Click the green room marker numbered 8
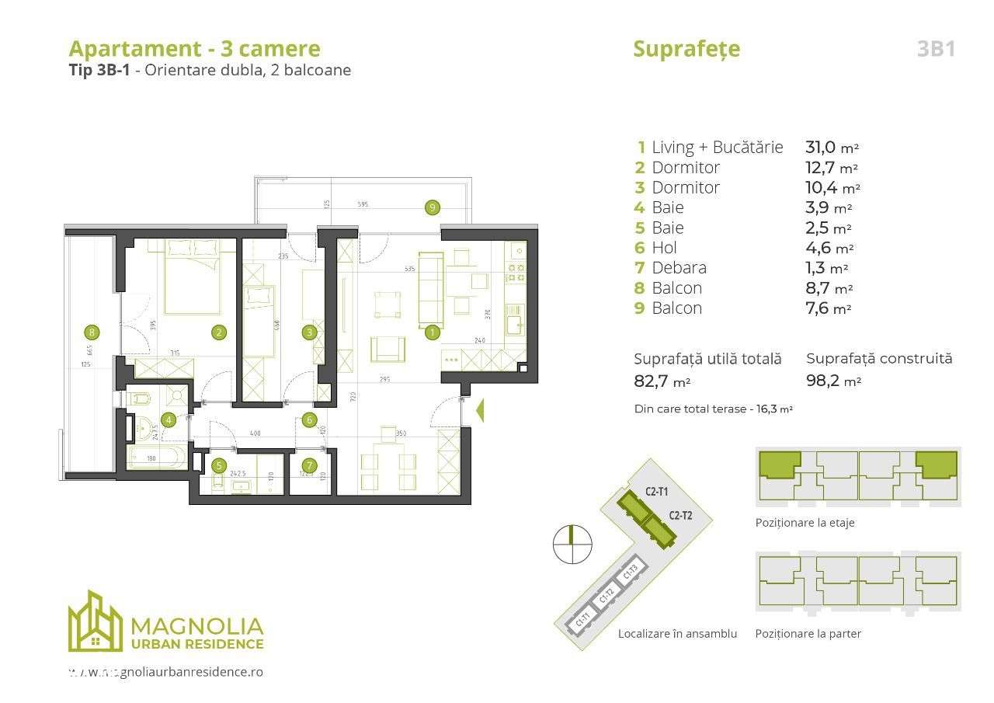(x=92, y=332)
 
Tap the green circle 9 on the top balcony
(x=433, y=207)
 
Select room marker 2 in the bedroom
(x=220, y=332)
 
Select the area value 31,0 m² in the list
(x=832, y=147)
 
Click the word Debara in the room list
(x=679, y=268)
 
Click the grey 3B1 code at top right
(x=936, y=49)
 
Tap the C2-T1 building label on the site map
(x=657, y=491)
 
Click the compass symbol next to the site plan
(x=572, y=544)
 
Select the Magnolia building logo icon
(x=95, y=621)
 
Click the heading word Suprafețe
(x=686, y=49)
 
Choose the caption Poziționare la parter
(x=808, y=633)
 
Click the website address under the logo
(x=165, y=672)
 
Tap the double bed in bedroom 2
(x=192, y=277)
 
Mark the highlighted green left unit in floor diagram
(x=779, y=465)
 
